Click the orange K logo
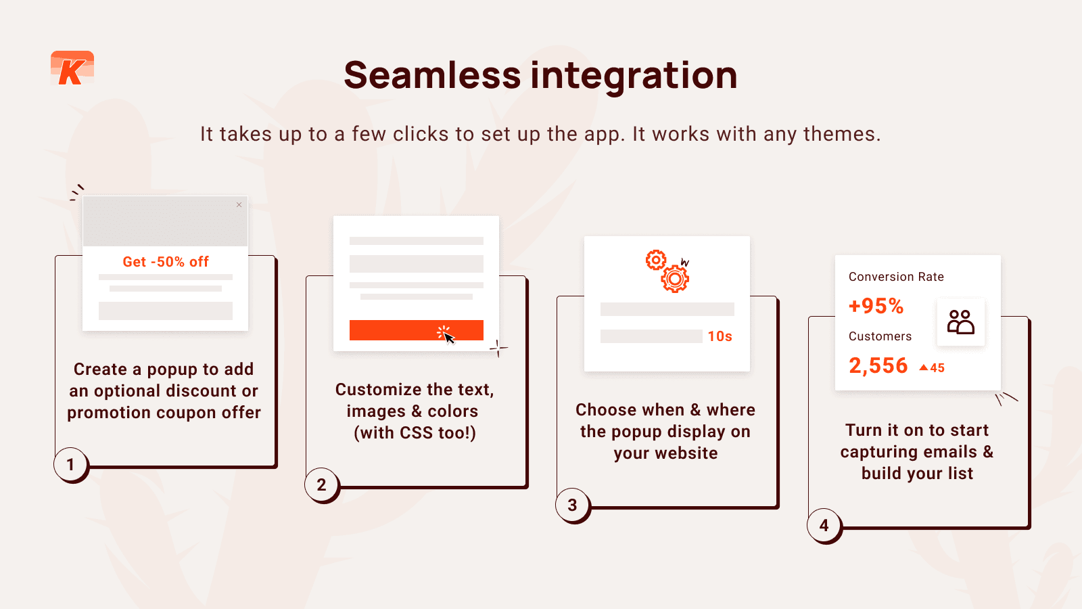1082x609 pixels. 72,68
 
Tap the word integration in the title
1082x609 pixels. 634,77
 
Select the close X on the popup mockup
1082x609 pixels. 239,205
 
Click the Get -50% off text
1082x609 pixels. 166,262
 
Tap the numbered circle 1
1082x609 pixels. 70,464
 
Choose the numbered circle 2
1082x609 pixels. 322,484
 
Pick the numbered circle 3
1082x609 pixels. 572,505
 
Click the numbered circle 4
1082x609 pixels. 824,525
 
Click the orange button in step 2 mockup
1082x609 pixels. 417,330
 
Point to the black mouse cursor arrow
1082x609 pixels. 449,338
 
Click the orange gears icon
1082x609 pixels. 667,271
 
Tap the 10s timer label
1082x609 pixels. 720,336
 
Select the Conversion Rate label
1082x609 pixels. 896,277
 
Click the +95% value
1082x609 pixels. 876,306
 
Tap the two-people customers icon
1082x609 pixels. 961,322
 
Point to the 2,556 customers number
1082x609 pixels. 878,366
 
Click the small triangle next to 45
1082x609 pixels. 924,368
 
